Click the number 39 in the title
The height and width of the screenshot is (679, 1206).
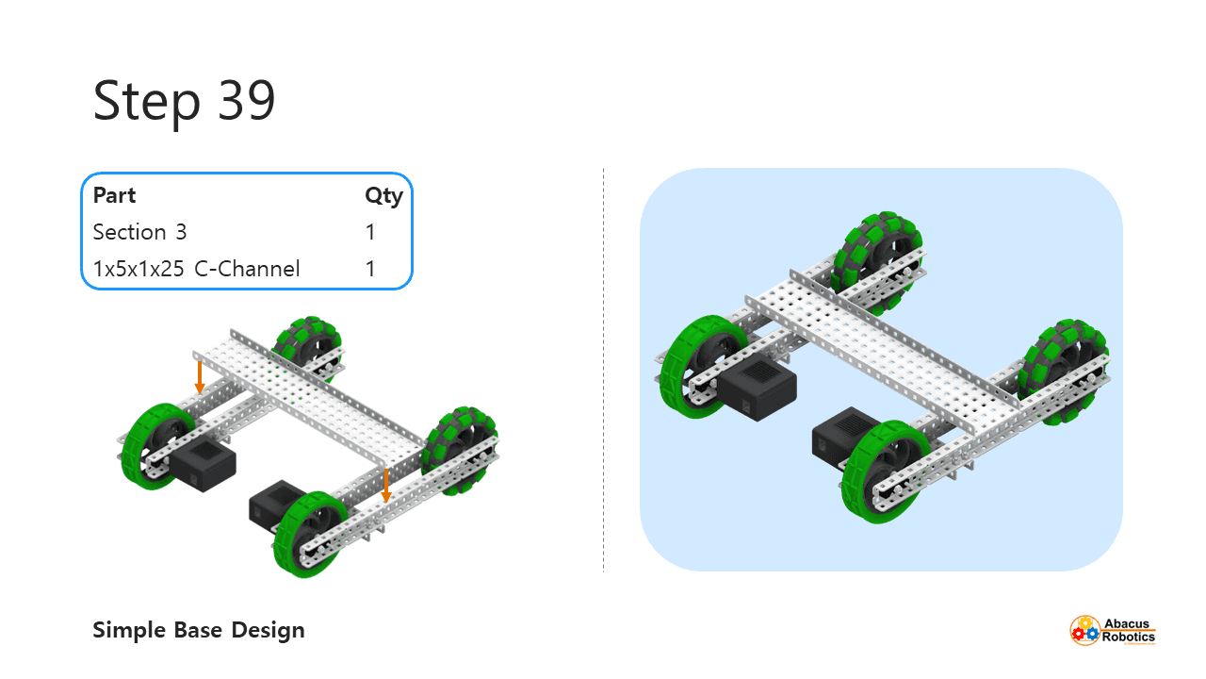247,100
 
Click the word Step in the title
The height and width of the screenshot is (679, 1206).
147,102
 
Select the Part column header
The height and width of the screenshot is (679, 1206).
114,196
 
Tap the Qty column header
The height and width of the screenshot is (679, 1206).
383,196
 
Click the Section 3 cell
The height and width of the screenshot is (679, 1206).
139,232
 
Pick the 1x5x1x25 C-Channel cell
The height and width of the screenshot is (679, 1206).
196,269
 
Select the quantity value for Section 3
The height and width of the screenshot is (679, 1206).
370,232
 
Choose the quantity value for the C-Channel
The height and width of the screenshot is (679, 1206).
370,269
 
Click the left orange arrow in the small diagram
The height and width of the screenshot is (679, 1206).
200,376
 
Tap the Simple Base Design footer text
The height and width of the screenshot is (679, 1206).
199,630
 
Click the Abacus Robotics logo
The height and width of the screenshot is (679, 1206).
1113,629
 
